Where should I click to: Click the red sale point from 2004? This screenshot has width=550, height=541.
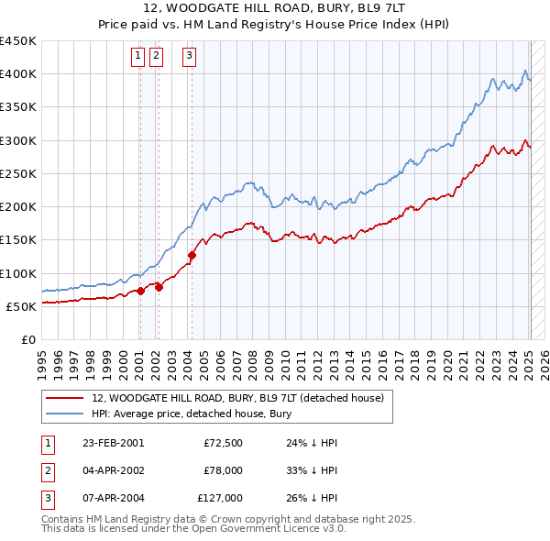(x=192, y=255)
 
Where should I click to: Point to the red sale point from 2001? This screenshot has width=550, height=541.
(x=140, y=292)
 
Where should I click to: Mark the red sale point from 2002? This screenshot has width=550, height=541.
(x=159, y=287)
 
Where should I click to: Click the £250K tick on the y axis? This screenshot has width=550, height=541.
(x=17, y=173)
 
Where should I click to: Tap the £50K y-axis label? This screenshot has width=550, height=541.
(x=21, y=306)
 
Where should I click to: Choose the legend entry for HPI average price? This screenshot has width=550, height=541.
(x=191, y=414)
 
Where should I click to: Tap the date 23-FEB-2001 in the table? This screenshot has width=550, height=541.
(x=113, y=443)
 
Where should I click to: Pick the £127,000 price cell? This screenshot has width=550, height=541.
(x=218, y=498)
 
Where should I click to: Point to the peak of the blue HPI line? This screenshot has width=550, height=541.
(x=525, y=71)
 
